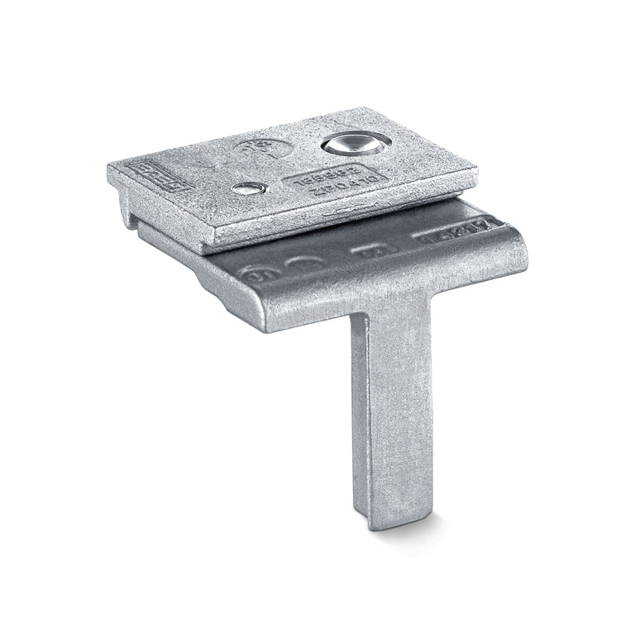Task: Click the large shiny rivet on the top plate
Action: click(x=354, y=145)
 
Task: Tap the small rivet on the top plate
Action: click(x=249, y=188)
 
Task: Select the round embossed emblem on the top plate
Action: click(x=264, y=149)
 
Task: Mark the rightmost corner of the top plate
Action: click(x=476, y=172)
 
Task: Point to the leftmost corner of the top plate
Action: click(x=109, y=169)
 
